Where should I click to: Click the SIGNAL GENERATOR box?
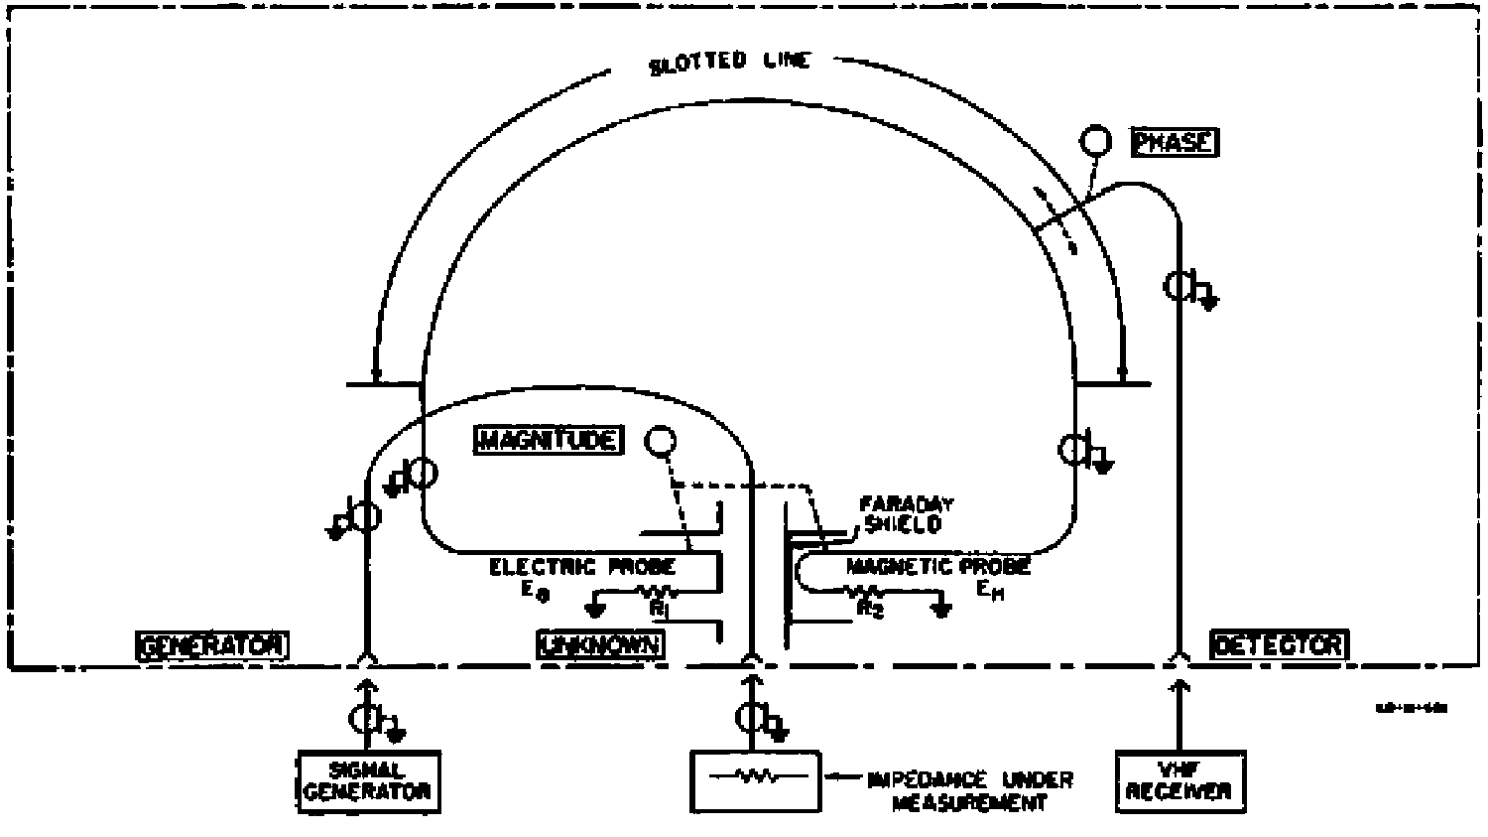(368, 780)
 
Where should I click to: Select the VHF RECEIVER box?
(1180, 780)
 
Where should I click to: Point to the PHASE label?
(1175, 142)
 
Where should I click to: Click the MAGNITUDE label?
(549, 440)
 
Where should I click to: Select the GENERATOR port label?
(211, 645)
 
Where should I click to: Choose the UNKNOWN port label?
(600, 645)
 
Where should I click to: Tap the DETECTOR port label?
(1279, 645)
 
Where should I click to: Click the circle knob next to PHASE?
(1096, 141)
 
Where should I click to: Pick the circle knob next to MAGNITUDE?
(660, 440)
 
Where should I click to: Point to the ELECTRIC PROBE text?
(582, 567)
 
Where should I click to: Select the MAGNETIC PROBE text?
(937, 567)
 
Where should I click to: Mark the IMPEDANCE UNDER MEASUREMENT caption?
(970, 790)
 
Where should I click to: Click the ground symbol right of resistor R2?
(941, 607)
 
